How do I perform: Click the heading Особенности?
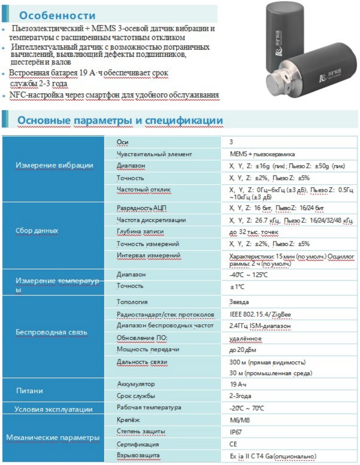coord(57,16)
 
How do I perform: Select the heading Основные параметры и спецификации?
coord(120,120)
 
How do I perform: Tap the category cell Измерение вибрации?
coord(54,166)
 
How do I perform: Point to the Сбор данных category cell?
coord(37,231)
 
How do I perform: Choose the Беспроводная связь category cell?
coord(51,332)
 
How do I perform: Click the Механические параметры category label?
coord(53,438)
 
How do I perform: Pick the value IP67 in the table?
coord(236,432)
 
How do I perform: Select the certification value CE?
coord(233,444)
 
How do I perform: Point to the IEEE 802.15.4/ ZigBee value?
coord(260,315)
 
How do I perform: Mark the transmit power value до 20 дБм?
coord(242,350)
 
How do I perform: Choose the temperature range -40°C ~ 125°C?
coord(248,275)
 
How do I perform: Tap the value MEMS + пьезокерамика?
coord(262,154)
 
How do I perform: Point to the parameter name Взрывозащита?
coord(138,455)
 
